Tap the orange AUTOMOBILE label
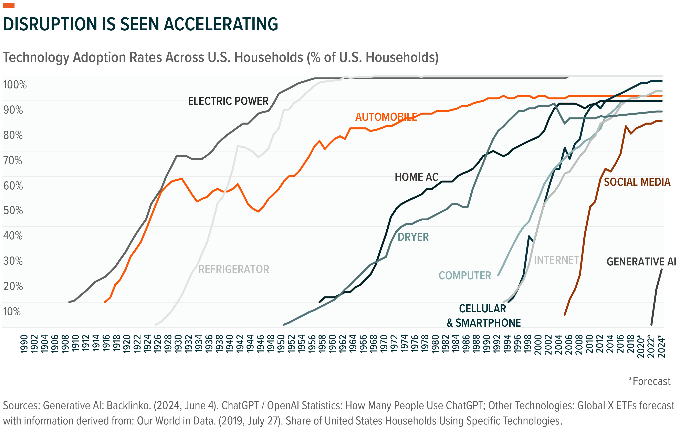pos(386,117)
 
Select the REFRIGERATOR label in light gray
pos(234,269)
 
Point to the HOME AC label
pos(417,177)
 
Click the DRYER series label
pos(413,237)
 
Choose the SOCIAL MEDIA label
pos(637,182)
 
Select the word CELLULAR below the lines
pos(483,309)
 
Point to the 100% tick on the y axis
pos(15,84)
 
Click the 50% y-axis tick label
pos(13,210)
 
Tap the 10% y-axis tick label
pos(12,312)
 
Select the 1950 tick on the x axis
pos(281,344)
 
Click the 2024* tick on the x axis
pos(661,346)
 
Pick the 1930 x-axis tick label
pos(178,344)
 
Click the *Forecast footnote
pos(649,381)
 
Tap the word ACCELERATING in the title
pos(221,24)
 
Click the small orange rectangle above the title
pos(9,6)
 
